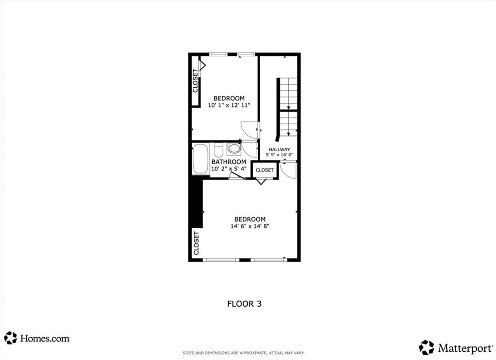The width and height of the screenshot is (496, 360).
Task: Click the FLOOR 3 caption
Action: click(x=244, y=304)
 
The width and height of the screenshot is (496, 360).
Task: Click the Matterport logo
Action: click(x=455, y=347)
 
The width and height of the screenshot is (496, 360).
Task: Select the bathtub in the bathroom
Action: click(x=200, y=159)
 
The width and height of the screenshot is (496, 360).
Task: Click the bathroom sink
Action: click(x=234, y=148)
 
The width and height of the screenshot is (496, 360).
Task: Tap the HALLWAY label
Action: click(x=279, y=150)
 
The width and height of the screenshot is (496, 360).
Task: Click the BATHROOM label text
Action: click(x=229, y=162)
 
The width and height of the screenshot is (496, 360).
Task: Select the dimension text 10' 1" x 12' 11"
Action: click(x=229, y=105)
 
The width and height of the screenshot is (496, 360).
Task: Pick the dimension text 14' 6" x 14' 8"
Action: click(x=250, y=226)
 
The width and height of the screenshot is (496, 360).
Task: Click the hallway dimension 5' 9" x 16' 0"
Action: click(x=279, y=156)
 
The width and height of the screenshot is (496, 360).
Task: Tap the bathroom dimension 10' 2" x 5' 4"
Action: click(x=229, y=169)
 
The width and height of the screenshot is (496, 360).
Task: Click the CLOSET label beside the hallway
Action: click(x=264, y=170)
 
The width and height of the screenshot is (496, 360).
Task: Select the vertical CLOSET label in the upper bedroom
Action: click(x=196, y=81)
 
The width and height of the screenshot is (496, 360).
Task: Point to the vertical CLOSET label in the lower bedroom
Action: click(x=196, y=243)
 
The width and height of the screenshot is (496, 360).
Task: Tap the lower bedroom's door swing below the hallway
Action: click(x=289, y=169)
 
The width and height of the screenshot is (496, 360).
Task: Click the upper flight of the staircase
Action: click(x=289, y=94)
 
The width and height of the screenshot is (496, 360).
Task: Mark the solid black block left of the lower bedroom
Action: click(x=196, y=201)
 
